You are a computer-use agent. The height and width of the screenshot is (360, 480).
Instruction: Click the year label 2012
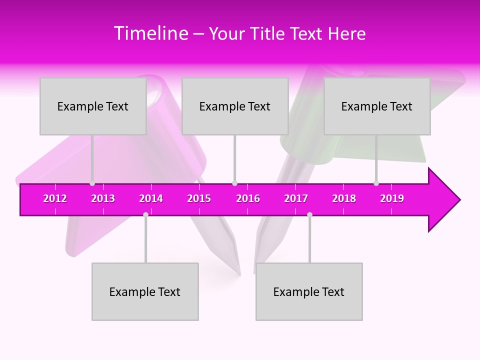[55, 198]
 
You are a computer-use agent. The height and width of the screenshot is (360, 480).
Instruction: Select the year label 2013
[103, 198]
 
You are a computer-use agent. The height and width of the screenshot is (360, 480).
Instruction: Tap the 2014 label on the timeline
[151, 198]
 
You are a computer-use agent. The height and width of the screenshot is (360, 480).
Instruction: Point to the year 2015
[199, 198]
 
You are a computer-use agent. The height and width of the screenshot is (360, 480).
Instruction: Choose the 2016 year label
[248, 198]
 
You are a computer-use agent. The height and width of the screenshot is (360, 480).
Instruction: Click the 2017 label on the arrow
[296, 198]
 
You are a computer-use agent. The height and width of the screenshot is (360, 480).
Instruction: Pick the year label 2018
[344, 198]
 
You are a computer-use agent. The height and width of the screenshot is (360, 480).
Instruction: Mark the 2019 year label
[392, 198]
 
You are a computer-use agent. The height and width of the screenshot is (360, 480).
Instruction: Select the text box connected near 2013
[93, 106]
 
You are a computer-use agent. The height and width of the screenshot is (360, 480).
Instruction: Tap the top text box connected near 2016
[235, 106]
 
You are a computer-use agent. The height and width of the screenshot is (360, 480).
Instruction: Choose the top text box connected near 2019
[377, 106]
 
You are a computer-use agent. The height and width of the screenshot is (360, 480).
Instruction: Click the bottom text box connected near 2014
[145, 291]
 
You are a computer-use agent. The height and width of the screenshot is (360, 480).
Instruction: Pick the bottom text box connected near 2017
[309, 291]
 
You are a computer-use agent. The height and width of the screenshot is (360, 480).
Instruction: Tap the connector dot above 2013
[92, 183]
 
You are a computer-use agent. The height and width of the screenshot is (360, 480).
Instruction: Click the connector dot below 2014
[145, 214]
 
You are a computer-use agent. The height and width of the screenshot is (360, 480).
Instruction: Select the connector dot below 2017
[309, 214]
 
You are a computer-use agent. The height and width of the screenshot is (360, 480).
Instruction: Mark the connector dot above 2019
[376, 183]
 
